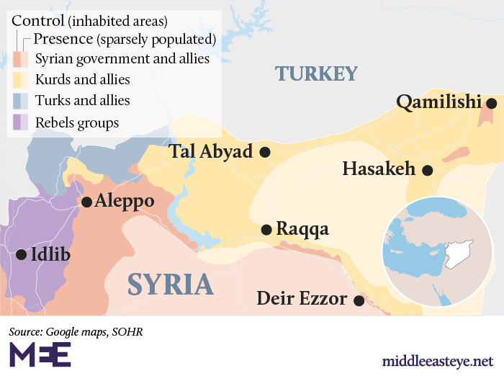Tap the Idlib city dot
(21, 254)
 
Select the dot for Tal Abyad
(265, 152)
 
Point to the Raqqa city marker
(266, 230)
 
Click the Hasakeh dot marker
(427, 171)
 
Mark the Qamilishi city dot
(491, 104)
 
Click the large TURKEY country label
(316, 73)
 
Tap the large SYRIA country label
(171, 285)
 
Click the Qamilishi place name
(438, 103)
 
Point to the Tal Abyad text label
(211, 152)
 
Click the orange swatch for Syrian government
(21, 59)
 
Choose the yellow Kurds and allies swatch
(21, 80)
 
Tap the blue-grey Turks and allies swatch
(21, 101)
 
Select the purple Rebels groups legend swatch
(21, 122)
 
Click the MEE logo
(40, 355)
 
